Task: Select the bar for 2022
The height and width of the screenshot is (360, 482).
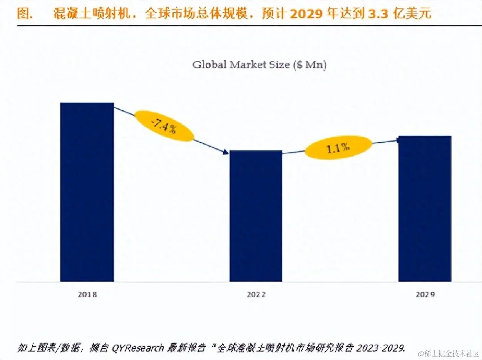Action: click(x=256, y=215)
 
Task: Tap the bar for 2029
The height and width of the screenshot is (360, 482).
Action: click(x=425, y=208)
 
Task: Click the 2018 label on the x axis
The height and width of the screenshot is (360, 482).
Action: click(x=87, y=295)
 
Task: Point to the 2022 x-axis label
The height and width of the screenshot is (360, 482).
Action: click(x=256, y=295)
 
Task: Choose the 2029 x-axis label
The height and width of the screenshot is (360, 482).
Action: click(x=425, y=295)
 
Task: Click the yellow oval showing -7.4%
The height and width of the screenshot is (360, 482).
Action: click(x=164, y=126)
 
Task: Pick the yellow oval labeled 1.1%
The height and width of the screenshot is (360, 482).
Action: click(x=338, y=147)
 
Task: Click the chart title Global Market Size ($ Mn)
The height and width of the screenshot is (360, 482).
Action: click(x=259, y=65)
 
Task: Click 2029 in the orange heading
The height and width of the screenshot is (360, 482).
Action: click(x=303, y=14)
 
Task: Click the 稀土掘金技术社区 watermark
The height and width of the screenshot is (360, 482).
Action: click(x=449, y=353)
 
